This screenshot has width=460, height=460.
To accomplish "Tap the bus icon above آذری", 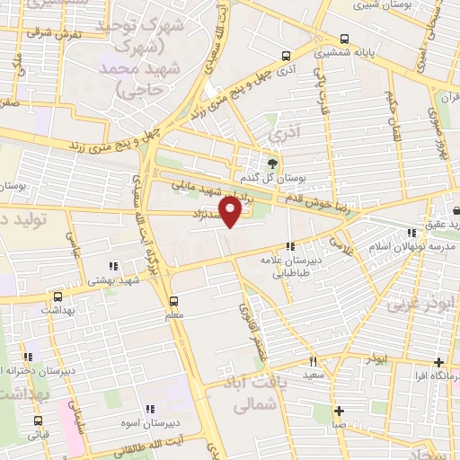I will tap(286, 55).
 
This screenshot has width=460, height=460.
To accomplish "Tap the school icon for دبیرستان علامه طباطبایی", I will tap(289, 246).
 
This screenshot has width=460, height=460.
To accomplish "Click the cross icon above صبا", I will tap(339, 411).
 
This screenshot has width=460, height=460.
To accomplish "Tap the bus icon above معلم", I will tap(174, 301).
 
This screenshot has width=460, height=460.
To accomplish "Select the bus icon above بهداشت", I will tap(57, 296).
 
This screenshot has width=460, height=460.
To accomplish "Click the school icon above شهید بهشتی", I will tap(112, 266).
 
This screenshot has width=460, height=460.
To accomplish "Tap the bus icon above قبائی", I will tap(38, 420).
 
